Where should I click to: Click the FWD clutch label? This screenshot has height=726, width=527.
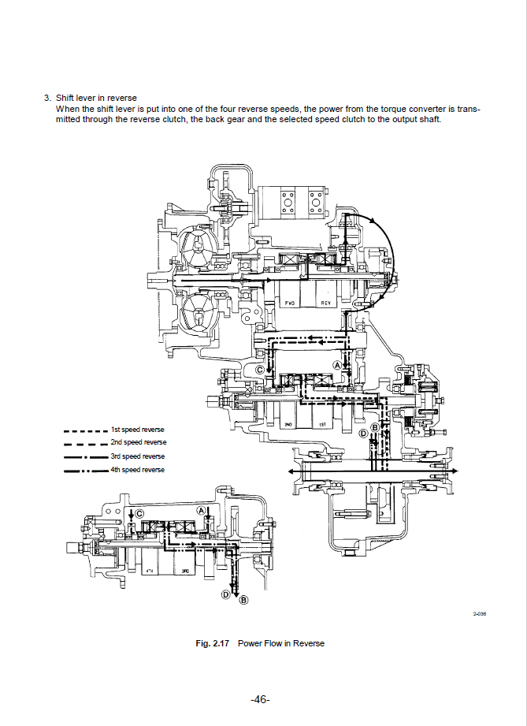coord(290,303)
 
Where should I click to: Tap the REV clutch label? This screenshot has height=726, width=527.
coord(326,303)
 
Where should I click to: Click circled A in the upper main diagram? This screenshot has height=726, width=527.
coord(337,365)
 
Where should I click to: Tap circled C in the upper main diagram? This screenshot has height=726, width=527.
coord(260,369)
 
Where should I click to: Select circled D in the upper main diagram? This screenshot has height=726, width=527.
coord(363,434)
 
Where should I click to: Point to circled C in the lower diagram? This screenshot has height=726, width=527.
coord(140,514)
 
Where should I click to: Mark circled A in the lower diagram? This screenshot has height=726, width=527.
coord(202,511)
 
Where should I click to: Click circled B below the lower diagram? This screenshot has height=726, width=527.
coord(243,601)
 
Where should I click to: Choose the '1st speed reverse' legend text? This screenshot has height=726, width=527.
coord(138,430)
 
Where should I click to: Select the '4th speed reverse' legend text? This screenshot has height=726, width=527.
coord(138,470)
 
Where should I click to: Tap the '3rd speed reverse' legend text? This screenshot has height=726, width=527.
coord(138,456)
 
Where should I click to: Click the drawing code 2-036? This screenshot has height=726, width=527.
coord(479,614)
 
